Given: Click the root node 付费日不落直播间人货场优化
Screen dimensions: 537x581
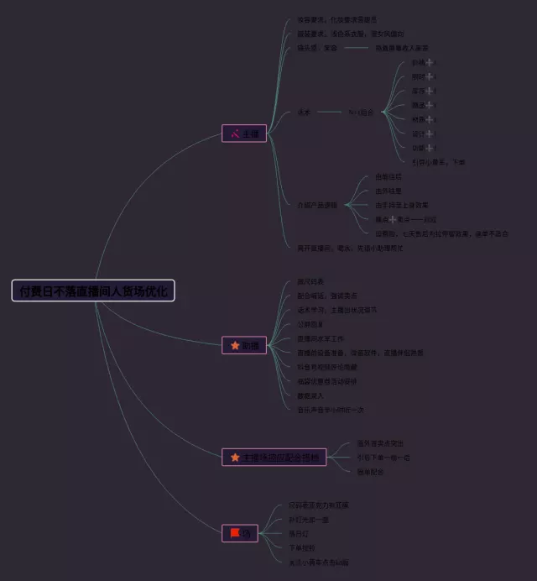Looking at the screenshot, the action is [x=93, y=290].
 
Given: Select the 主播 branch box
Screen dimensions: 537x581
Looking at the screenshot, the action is [x=244, y=133].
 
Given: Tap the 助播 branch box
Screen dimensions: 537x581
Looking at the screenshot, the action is [x=244, y=344].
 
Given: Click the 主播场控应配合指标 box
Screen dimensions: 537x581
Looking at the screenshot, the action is [x=274, y=457].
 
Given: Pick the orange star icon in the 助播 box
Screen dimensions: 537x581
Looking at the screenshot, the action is [x=235, y=344].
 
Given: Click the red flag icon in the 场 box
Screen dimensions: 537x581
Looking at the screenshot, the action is [x=235, y=532].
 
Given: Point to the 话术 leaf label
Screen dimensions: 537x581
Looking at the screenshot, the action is [x=303, y=112].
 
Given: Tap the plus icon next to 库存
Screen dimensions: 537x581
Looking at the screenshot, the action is [x=430, y=91].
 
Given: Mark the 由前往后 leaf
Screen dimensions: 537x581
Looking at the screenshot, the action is [x=388, y=176].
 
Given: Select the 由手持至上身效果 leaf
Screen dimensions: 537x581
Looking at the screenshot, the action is [x=402, y=204].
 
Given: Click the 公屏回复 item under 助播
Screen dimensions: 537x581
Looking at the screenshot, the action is [x=310, y=323].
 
